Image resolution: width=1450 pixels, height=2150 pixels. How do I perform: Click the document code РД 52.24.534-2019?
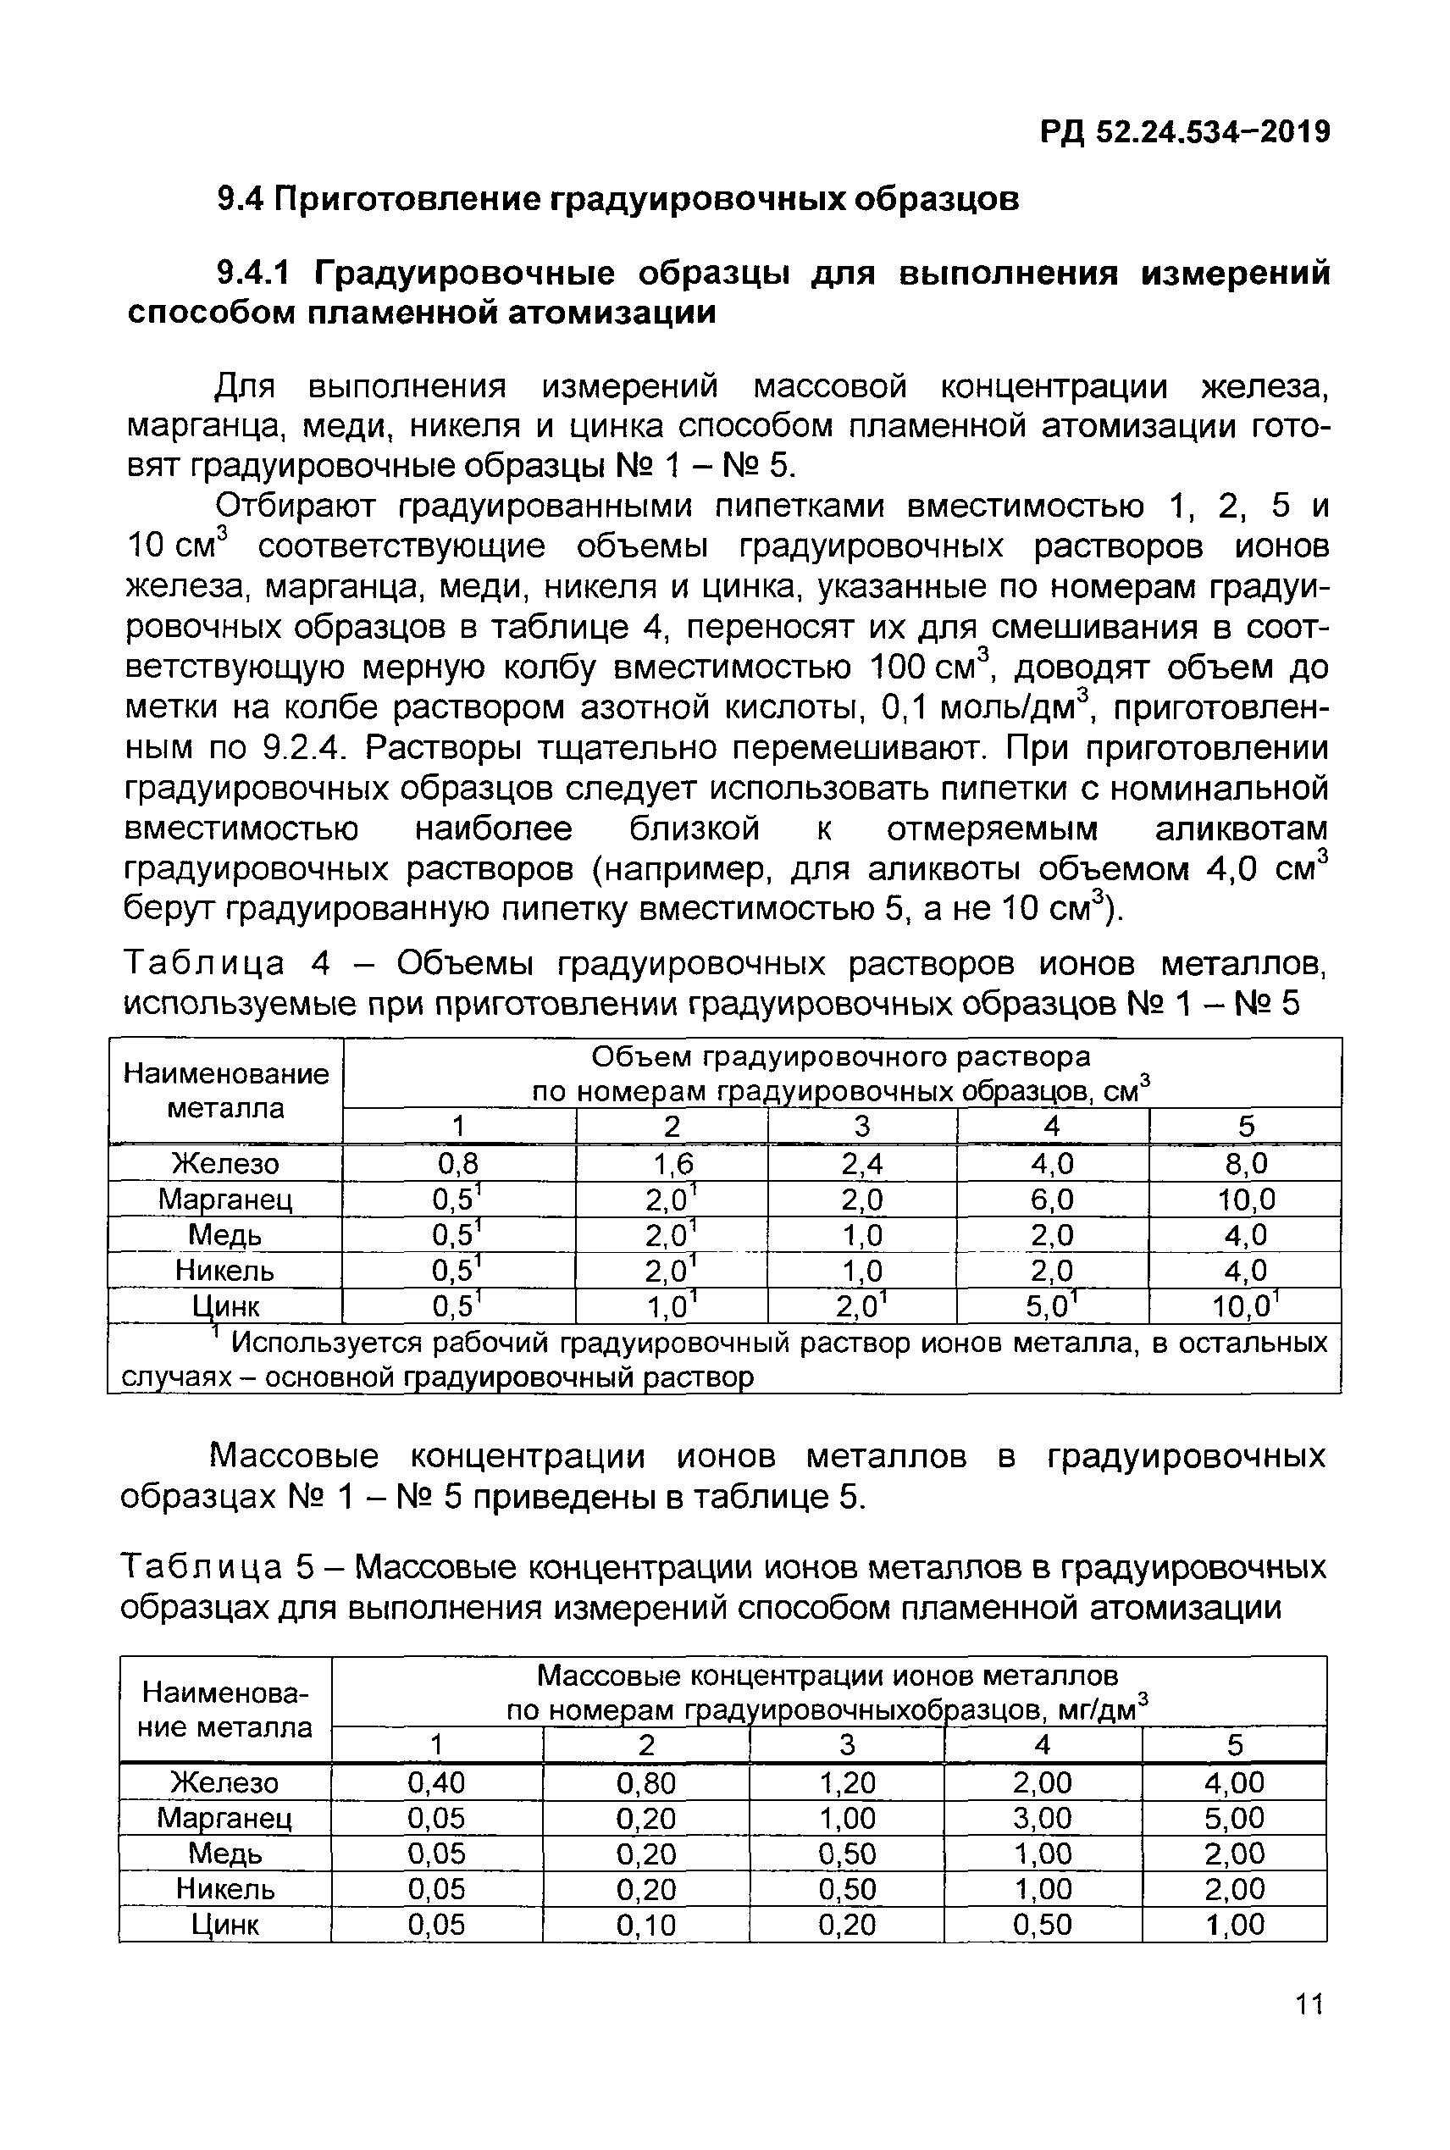click(x=1186, y=132)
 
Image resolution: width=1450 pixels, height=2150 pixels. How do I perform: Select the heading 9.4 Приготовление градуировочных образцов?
click(x=617, y=199)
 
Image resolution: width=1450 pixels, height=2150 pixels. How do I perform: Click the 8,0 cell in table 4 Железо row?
click(x=1245, y=1162)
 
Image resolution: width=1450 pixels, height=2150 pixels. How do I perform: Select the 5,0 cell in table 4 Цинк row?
click(x=1054, y=1306)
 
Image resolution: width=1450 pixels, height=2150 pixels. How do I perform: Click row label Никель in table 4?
click(x=224, y=1271)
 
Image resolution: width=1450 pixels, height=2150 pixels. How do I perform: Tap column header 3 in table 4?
click(x=862, y=1127)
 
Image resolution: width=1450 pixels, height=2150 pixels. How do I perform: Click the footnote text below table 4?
click(x=724, y=1359)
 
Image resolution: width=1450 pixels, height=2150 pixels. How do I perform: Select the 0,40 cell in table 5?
click(x=435, y=1782)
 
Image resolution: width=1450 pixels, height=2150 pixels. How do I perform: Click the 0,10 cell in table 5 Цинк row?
click(x=645, y=1926)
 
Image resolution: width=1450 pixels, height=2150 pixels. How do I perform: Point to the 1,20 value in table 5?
click(x=846, y=1782)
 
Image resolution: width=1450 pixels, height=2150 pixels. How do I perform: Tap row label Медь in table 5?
click(x=224, y=1854)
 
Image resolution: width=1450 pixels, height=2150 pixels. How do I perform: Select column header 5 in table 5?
click(x=1235, y=1745)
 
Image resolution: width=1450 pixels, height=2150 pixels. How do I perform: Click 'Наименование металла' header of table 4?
click(x=225, y=1090)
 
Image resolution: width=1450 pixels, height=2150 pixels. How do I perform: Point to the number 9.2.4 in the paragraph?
click(x=306, y=747)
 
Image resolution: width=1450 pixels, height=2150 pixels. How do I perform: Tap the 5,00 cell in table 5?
click(x=1235, y=1818)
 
